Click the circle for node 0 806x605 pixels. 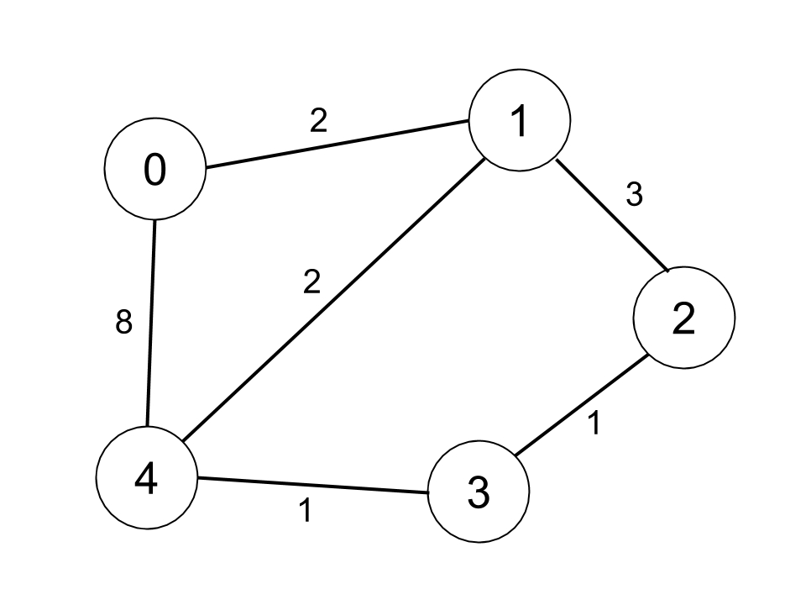tap(154, 171)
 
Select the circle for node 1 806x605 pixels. tap(520, 120)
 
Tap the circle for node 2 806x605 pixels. tap(684, 318)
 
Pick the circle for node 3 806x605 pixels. tap(479, 492)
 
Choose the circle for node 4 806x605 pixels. tap(147, 480)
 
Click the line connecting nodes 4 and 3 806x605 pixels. tap(312, 487)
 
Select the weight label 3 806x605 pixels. tap(634, 195)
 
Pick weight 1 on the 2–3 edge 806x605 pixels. tap(594, 424)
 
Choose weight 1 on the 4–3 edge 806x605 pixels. tap(306, 510)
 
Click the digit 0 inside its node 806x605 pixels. tap(154, 171)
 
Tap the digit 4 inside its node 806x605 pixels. tap(147, 480)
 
